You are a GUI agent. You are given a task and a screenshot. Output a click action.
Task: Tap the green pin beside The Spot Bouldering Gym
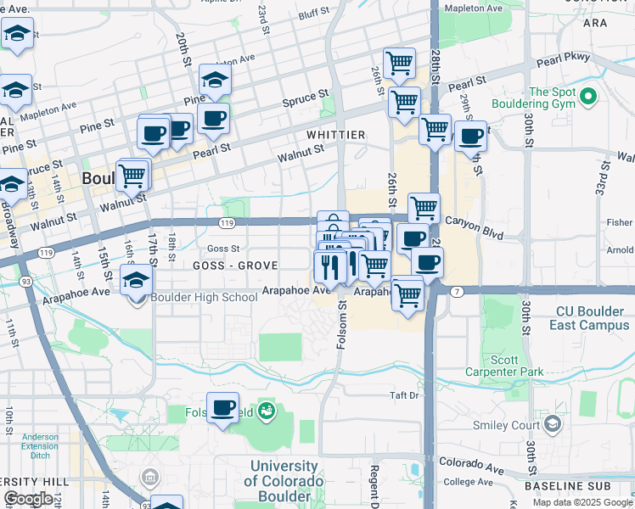point(587,98)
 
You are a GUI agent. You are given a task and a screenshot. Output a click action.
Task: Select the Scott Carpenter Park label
point(517,366)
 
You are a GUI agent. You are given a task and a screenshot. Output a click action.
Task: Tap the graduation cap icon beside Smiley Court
point(554,424)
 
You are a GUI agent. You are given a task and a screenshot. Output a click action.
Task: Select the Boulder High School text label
point(204,297)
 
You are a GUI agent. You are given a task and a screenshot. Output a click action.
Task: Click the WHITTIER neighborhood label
point(336,135)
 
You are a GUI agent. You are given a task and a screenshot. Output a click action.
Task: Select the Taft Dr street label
point(404,395)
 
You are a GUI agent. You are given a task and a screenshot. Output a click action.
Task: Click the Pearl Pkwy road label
point(560,59)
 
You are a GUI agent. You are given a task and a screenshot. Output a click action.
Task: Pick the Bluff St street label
point(313,14)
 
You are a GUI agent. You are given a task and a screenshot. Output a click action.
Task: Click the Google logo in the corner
point(28,500)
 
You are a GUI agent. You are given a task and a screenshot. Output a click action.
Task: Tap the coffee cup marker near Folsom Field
point(222,409)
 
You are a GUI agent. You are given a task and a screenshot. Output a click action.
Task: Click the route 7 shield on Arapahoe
point(458,291)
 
